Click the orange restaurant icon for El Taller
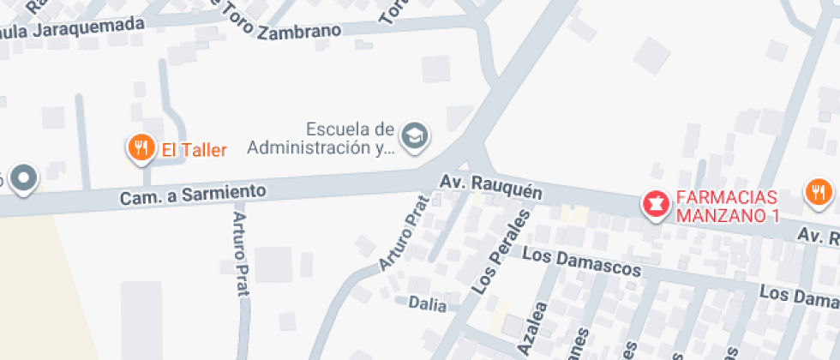[141, 149]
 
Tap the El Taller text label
[195, 151]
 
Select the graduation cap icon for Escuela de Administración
[416, 135]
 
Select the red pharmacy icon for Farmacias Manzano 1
[656, 204]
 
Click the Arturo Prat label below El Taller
[239, 254]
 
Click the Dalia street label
[428, 303]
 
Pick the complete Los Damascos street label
[581, 263]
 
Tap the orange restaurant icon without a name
[819, 192]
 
